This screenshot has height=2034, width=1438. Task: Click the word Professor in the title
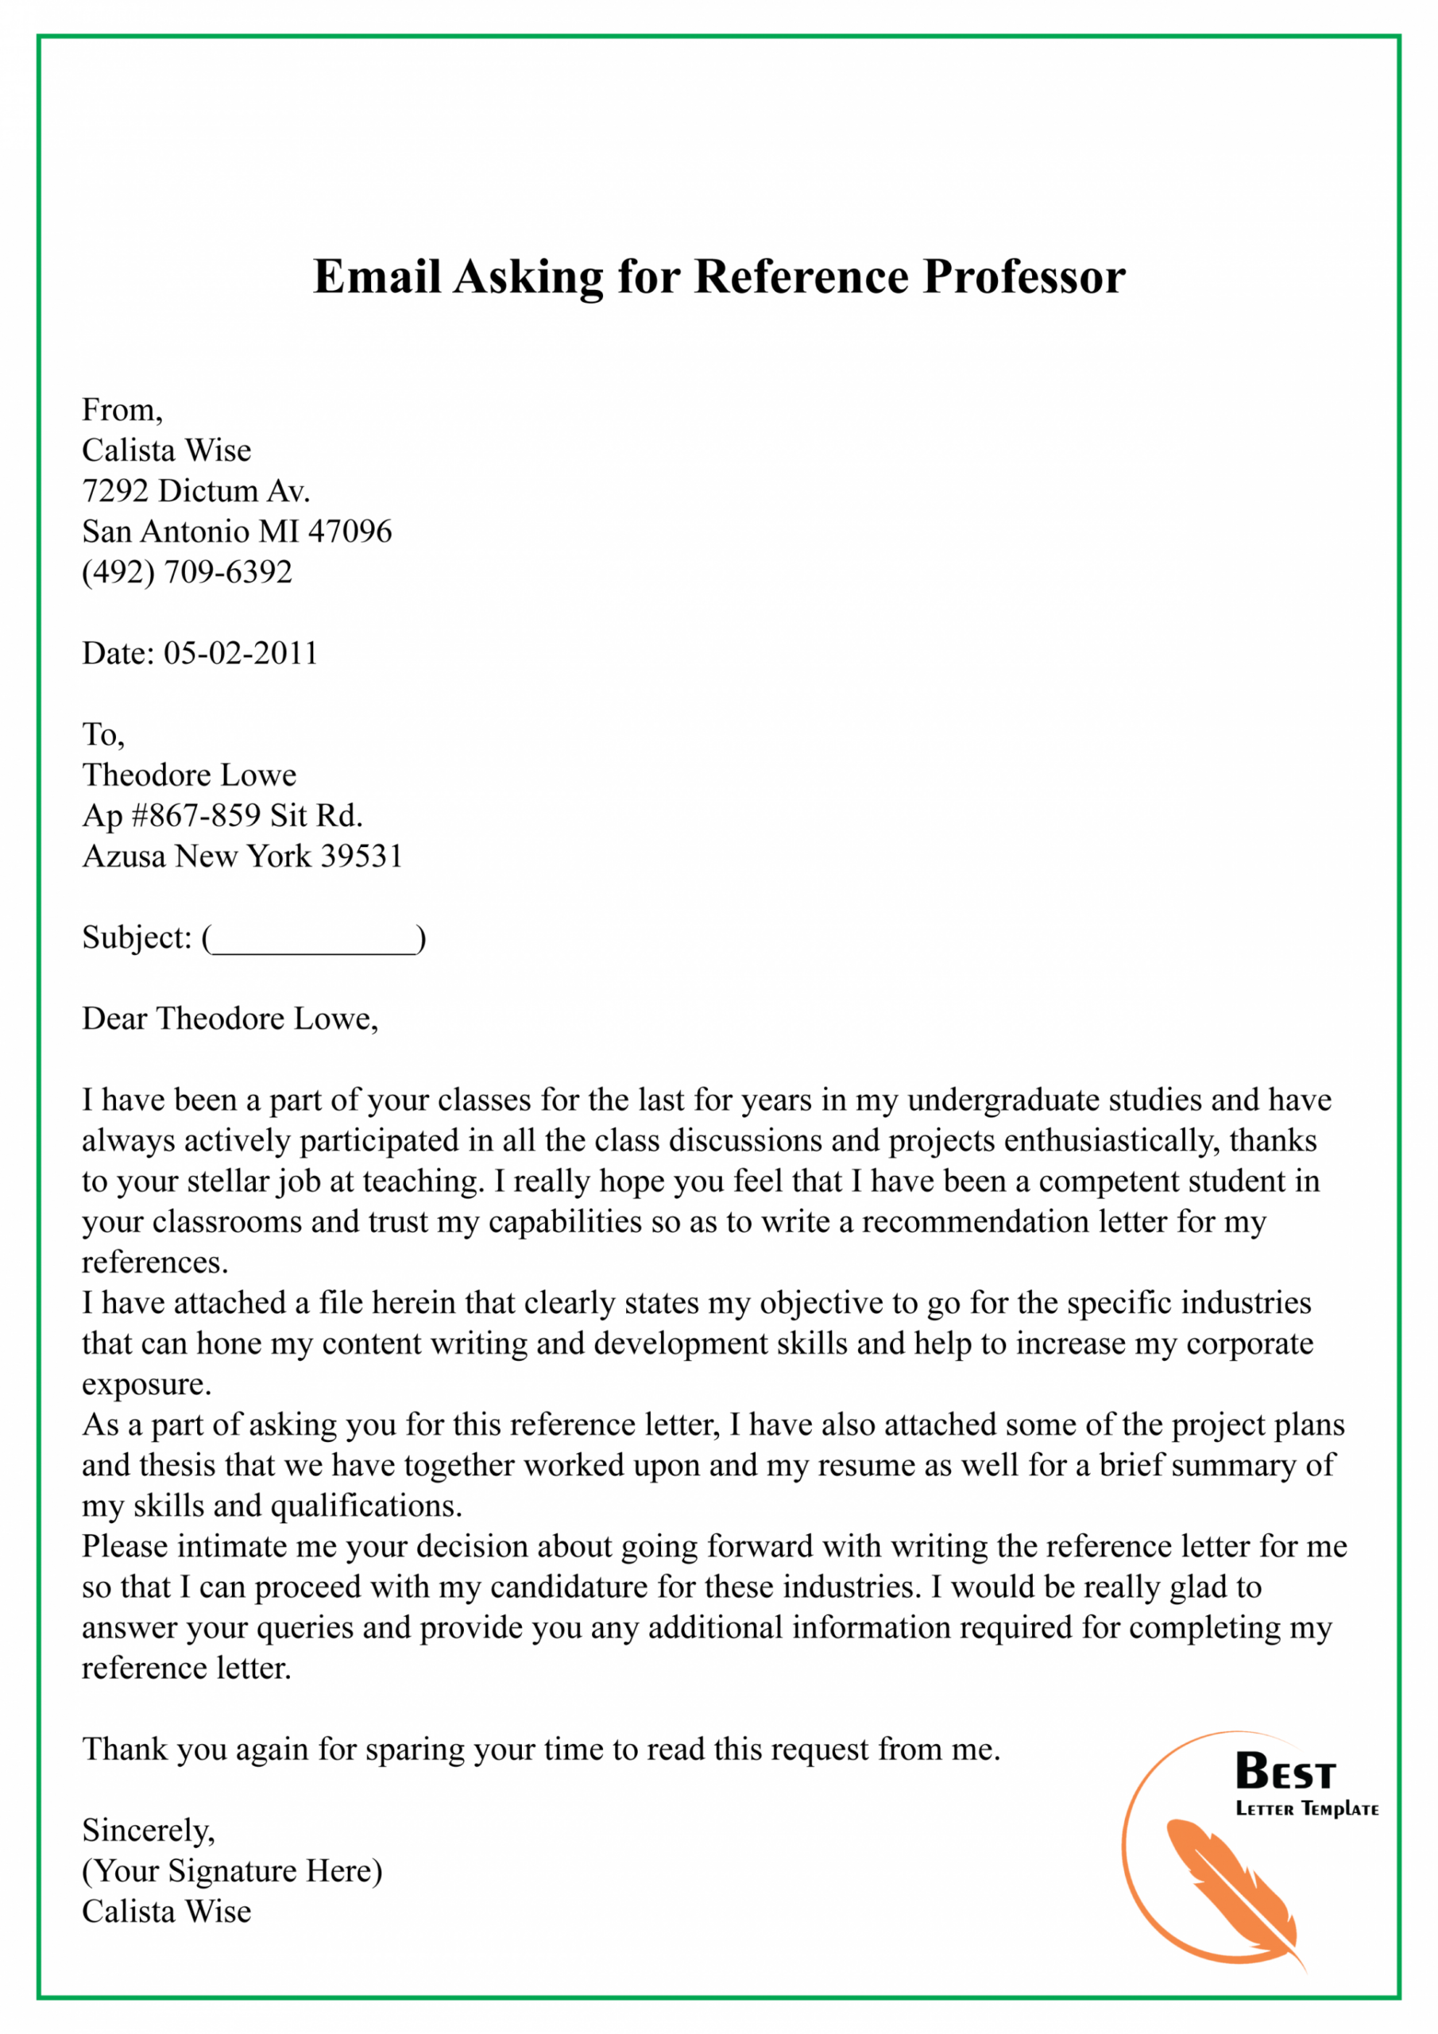pos(1023,276)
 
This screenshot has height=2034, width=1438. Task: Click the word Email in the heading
pos(377,276)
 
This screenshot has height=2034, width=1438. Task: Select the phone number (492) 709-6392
pos(187,572)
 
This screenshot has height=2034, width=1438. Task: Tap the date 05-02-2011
pos(240,653)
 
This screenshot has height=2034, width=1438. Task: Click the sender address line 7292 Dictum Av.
pos(195,491)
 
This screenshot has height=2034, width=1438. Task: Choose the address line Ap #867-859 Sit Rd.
pos(222,815)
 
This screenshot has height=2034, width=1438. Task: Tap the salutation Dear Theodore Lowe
pos(230,1019)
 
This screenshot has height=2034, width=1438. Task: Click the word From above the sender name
pos(122,410)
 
